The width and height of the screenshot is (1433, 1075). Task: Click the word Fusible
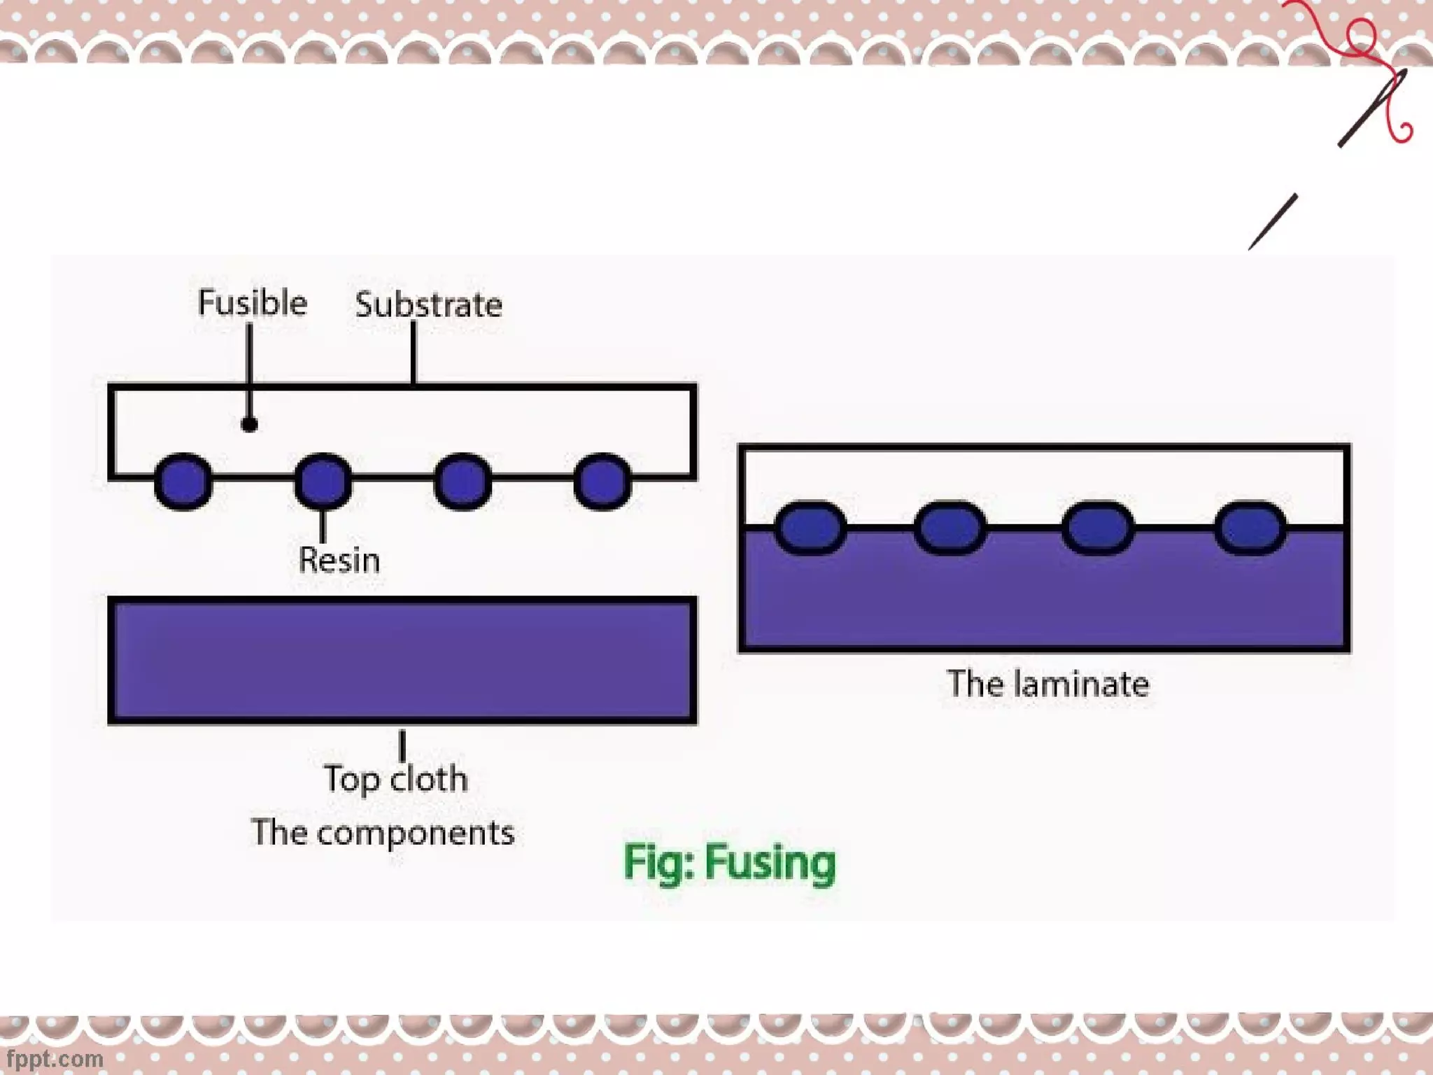pyautogui.click(x=252, y=303)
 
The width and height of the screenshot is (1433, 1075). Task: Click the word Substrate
pyautogui.click(x=428, y=305)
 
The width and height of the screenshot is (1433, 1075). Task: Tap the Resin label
pyautogui.click(x=339, y=560)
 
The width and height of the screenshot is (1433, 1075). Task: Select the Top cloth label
pyautogui.click(x=396, y=779)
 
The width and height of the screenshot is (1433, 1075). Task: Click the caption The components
pyautogui.click(x=383, y=833)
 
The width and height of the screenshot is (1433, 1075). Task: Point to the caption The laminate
pyautogui.click(x=1047, y=684)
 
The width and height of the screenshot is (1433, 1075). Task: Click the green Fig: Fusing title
pyautogui.click(x=729, y=862)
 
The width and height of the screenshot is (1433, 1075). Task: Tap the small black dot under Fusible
pyautogui.click(x=249, y=424)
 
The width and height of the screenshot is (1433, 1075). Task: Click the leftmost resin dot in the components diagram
pyautogui.click(x=183, y=481)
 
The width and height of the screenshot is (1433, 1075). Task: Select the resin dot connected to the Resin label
pyautogui.click(x=323, y=481)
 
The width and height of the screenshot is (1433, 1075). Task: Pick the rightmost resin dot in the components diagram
pyautogui.click(x=602, y=481)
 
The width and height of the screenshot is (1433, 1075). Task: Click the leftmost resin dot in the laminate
pyautogui.click(x=810, y=528)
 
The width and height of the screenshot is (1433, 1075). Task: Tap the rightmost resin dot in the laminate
pyautogui.click(x=1250, y=528)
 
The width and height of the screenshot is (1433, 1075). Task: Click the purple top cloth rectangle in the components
pyautogui.click(x=402, y=660)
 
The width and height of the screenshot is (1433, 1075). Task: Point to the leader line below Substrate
pyautogui.click(x=414, y=353)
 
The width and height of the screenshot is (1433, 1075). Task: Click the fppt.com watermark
pyautogui.click(x=54, y=1058)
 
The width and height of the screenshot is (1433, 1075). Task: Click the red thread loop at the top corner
pyautogui.click(x=1362, y=35)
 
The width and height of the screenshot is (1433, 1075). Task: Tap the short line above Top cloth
pyautogui.click(x=402, y=746)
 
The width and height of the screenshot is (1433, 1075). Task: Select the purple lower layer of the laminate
pyautogui.click(x=1044, y=595)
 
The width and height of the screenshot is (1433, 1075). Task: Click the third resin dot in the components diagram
pyautogui.click(x=463, y=481)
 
